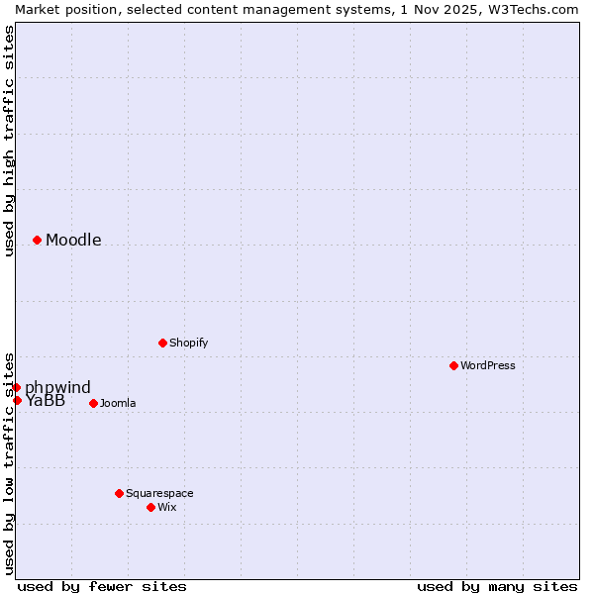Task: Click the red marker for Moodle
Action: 37,240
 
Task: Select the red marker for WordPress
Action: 453,365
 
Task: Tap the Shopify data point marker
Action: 162,343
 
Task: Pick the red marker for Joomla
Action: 93,403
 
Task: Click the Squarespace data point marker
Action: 119,493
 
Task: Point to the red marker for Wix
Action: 150,507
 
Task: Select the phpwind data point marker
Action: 16,387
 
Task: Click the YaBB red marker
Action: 17,400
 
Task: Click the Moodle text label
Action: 73,240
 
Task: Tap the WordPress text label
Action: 488,365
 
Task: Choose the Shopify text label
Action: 189,343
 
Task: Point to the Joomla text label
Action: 118,403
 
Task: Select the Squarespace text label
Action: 159,493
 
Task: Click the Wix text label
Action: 167,507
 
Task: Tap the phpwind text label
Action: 57,387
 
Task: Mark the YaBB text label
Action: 46,401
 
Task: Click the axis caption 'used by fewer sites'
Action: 102,586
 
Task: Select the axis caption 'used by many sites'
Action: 497,586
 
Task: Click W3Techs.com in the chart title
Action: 535,9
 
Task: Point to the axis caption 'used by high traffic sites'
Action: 9,141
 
